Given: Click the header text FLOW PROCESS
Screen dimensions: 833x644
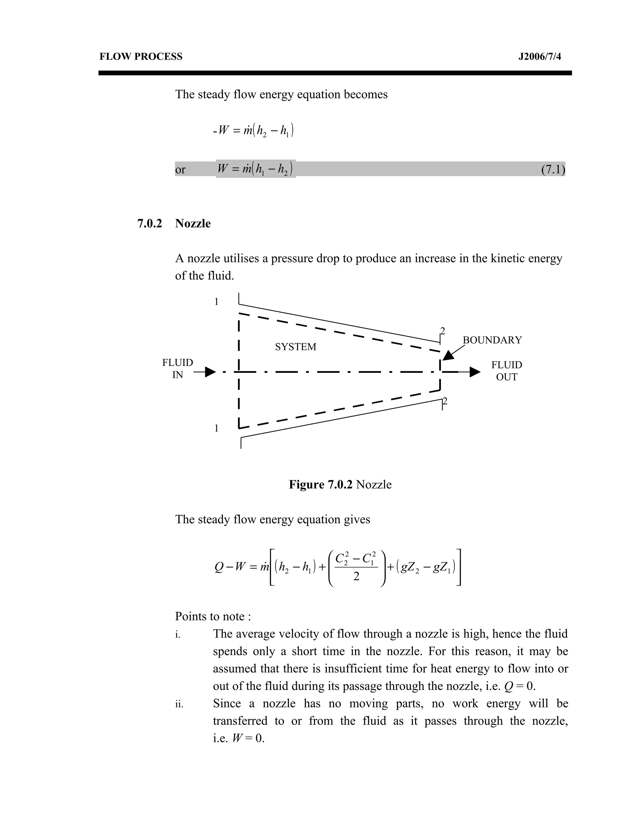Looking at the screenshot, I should click(141, 57).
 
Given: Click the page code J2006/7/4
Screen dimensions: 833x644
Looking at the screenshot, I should click(540, 57).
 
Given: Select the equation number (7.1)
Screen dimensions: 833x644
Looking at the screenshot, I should click(553, 169).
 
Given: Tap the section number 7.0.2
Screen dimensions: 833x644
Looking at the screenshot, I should click(150, 223).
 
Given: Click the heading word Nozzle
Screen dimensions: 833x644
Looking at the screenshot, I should click(193, 223).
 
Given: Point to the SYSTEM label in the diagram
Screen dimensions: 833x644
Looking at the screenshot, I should click(295, 347).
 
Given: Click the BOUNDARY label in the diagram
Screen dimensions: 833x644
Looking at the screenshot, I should click(492, 340).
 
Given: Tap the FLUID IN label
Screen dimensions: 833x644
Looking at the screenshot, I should click(177, 368).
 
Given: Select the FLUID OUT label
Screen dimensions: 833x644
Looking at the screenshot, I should click(506, 371).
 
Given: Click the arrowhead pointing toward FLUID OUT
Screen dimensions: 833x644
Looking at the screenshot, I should click(475, 372).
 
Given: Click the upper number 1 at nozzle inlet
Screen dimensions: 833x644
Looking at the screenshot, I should click(216, 302).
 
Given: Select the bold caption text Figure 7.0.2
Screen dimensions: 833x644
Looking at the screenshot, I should click(320, 484).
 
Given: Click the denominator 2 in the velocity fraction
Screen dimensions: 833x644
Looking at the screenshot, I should click(356, 577).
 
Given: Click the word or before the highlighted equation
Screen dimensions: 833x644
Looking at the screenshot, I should click(180, 169).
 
